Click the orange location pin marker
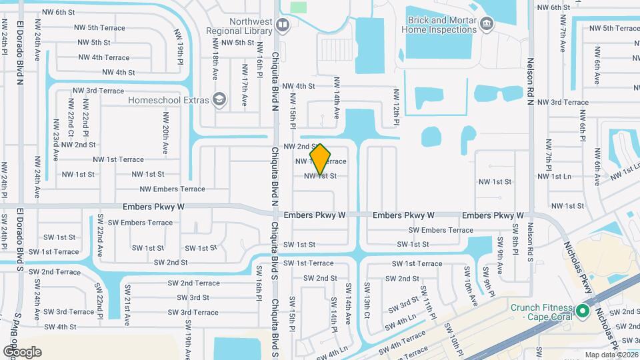(321, 159)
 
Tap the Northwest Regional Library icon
(283, 25)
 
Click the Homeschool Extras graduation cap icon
(219, 101)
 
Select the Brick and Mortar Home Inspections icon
(486, 25)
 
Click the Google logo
(22, 351)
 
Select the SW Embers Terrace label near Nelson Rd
(441, 230)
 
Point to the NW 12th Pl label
(396, 108)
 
